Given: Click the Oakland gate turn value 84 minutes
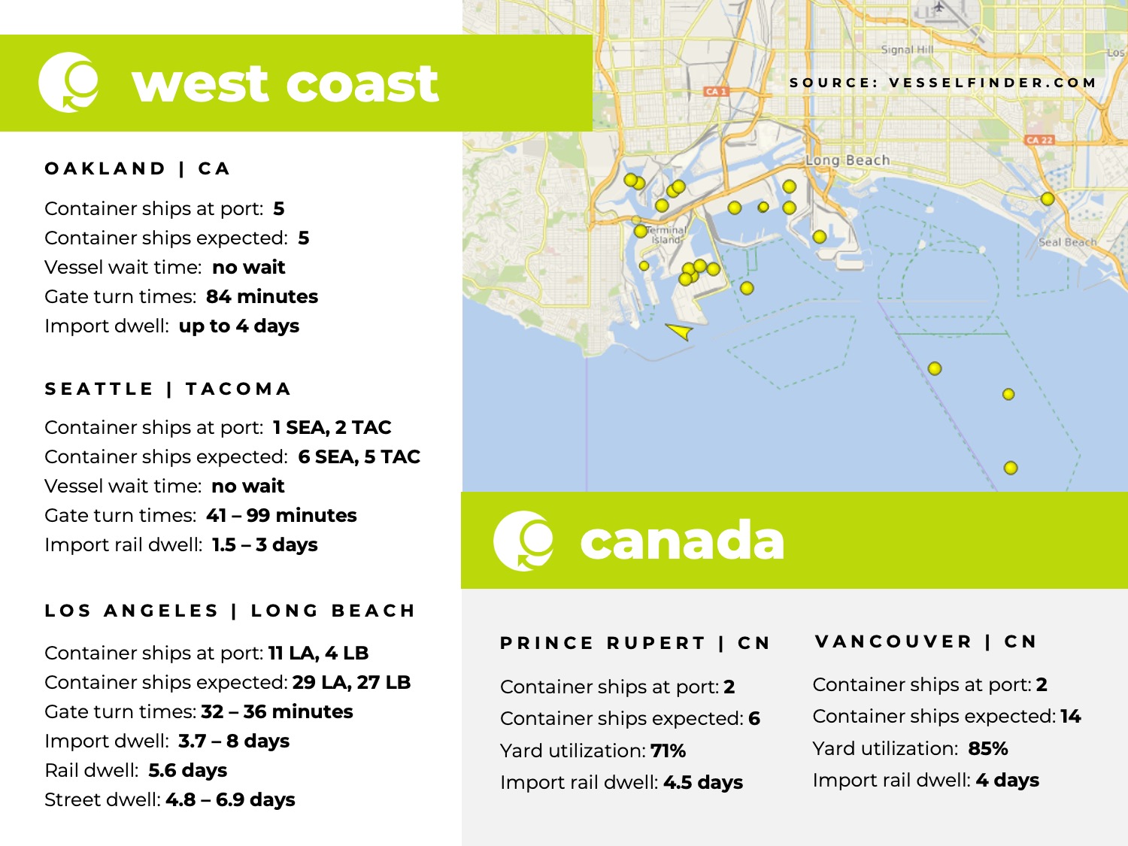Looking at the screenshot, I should click(x=262, y=297).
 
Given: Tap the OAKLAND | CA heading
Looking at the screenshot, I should click(x=138, y=168).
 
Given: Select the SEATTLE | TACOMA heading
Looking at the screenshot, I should click(x=168, y=389).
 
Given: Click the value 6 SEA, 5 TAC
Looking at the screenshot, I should click(x=359, y=457).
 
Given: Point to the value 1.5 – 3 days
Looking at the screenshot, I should click(x=265, y=545).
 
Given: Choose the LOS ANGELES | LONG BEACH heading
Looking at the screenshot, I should click(x=230, y=611).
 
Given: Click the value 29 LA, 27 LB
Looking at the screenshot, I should click(x=351, y=683).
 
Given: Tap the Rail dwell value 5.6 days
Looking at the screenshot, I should click(x=187, y=771).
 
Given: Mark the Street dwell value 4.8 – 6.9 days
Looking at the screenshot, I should click(x=230, y=800).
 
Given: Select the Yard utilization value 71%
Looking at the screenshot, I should click(x=668, y=751).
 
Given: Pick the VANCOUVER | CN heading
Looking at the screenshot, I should click(x=926, y=642).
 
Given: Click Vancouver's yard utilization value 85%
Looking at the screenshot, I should click(x=987, y=749).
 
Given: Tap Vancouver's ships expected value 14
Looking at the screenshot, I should click(x=1070, y=717).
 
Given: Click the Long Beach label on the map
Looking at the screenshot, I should click(x=848, y=160).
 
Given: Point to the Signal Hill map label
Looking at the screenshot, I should click(x=907, y=50).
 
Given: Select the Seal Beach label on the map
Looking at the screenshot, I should click(x=1067, y=242).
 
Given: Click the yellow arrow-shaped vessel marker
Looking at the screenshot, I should click(x=680, y=331).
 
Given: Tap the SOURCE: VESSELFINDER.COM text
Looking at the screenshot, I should click(x=943, y=83).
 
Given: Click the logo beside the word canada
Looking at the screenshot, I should click(x=523, y=541).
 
